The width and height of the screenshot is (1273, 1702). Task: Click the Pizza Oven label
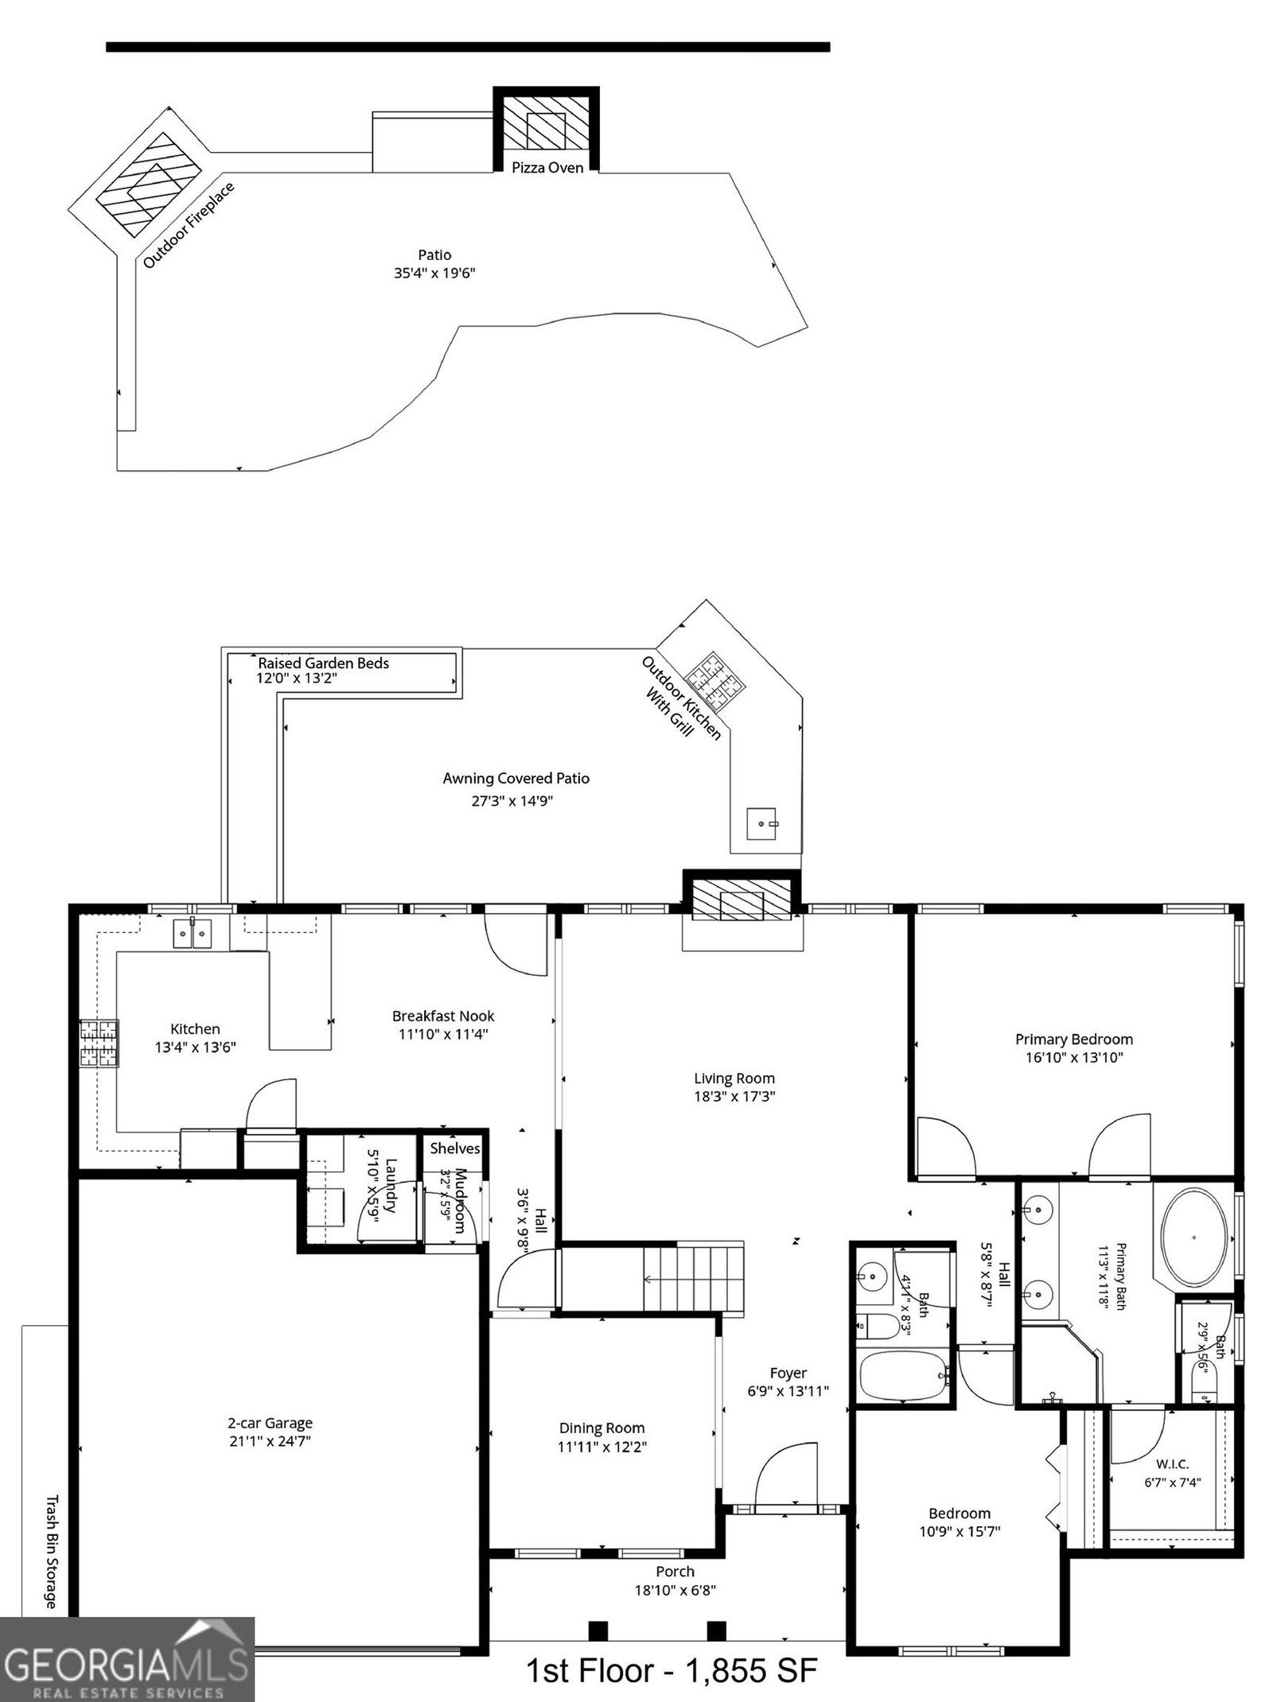(547, 167)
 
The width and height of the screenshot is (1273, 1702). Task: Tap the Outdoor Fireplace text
(189, 225)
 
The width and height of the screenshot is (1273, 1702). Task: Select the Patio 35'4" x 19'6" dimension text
(434, 273)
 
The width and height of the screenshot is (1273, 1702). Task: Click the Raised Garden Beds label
(323, 663)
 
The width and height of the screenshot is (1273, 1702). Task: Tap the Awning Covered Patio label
(516, 778)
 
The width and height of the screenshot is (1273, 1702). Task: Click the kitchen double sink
(193, 933)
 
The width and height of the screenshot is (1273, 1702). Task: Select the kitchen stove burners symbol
(99, 1043)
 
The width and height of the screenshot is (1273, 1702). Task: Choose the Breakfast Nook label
(443, 1016)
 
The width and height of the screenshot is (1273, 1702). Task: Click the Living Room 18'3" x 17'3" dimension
(734, 1096)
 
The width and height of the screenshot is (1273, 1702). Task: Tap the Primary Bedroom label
(1073, 1039)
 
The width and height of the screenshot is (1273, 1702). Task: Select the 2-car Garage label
(270, 1423)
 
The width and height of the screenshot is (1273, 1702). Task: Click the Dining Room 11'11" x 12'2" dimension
(602, 1447)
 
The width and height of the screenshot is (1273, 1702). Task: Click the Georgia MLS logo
(127, 1660)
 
